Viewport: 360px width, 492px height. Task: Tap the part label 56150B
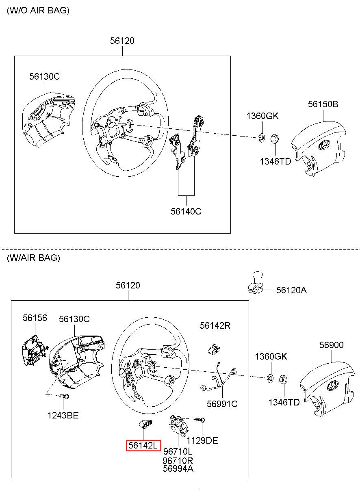click(323, 104)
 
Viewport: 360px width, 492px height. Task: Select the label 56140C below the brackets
click(186, 211)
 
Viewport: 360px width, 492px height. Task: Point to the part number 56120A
click(291, 290)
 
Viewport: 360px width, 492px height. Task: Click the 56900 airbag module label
click(331, 345)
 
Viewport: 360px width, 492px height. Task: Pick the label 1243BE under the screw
click(63, 415)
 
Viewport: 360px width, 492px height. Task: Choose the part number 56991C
click(222, 404)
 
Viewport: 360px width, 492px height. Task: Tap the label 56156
click(35, 318)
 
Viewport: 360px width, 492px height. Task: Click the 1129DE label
click(202, 440)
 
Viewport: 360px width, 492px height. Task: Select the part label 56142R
click(215, 325)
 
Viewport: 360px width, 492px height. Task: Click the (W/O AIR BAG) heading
click(38, 10)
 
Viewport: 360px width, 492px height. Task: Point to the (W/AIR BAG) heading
click(33, 258)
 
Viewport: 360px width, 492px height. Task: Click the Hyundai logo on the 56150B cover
click(324, 145)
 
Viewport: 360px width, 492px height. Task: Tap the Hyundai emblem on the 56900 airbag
click(333, 385)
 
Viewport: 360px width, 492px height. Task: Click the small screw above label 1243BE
click(64, 396)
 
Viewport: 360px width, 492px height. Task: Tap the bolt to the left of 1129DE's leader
click(200, 420)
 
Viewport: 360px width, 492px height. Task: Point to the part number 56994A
click(178, 468)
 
